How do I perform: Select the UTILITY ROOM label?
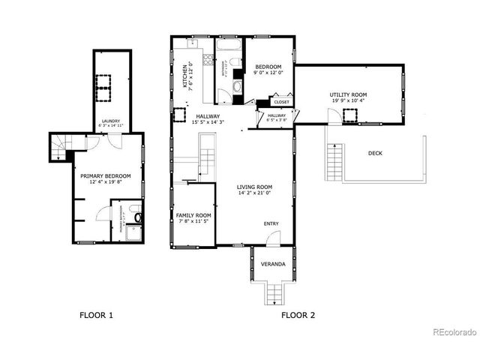pos(348,94)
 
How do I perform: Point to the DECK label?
pos(376,153)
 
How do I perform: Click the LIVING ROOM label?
pos(255,187)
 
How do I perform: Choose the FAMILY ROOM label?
pos(193,215)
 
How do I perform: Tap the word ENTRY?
pos(271,224)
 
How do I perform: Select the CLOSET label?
pos(281,102)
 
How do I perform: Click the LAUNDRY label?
pos(111,121)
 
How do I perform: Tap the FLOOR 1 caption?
pos(96,315)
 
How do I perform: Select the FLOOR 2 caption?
pos(298,315)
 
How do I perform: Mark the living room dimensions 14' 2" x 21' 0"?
pos(255,194)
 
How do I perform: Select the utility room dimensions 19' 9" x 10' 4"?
pos(348,101)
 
